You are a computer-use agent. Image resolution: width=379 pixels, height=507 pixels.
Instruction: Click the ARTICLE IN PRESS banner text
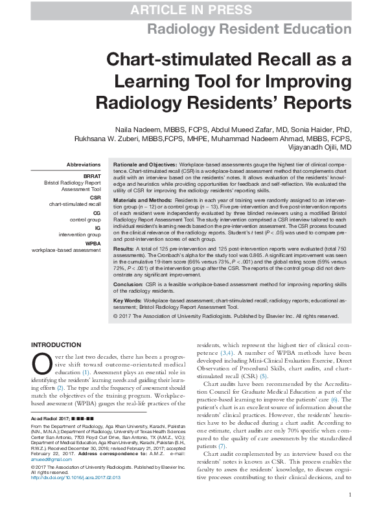pyautogui.click(x=190, y=10)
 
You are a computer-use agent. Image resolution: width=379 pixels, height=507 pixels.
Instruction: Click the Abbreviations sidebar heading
pyautogui.click(x=84, y=165)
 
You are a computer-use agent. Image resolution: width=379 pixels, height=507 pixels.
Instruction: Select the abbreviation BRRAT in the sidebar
pyautogui.click(x=91, y=176)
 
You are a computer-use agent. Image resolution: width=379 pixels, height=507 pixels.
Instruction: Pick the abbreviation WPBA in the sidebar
pyautogui.click(x=93, y=243)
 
